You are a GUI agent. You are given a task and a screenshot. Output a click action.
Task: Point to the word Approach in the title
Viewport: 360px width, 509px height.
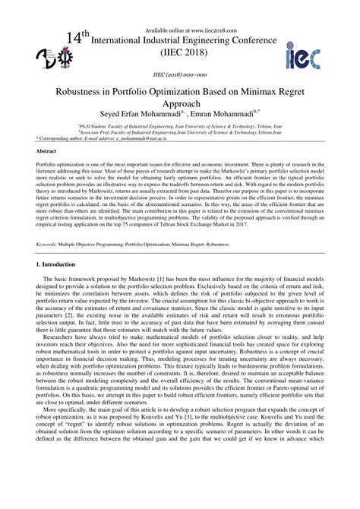pos(180,104)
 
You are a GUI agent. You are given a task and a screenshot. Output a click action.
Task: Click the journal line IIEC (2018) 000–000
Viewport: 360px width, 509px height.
pos(179,75)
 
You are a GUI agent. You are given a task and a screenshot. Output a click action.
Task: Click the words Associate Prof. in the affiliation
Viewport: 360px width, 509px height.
pos(97,134)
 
